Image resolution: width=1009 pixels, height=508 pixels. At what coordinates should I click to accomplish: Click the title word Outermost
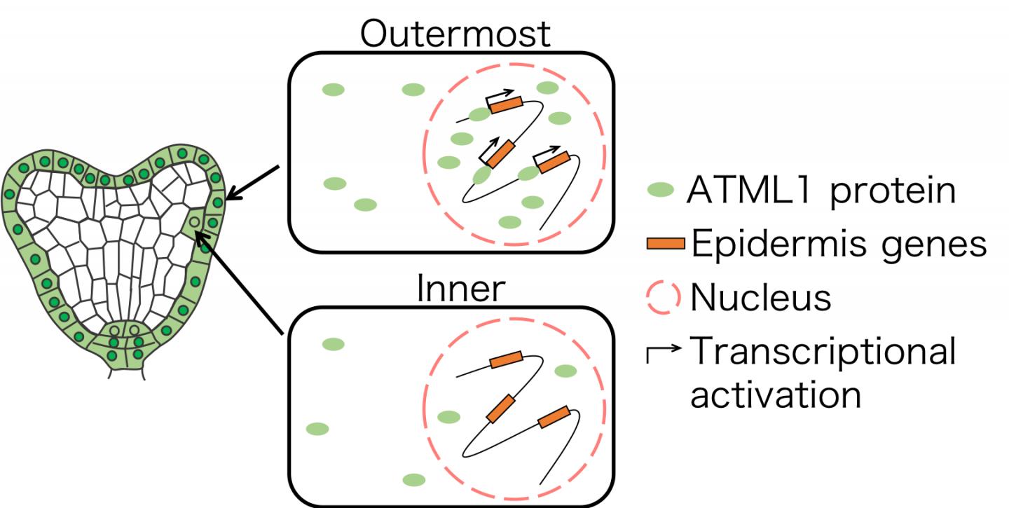(x=455, y=33)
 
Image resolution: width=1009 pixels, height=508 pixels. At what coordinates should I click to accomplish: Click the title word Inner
(x=460, y=288)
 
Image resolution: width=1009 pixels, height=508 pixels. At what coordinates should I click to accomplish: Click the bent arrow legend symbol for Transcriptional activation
(x=662, y=350)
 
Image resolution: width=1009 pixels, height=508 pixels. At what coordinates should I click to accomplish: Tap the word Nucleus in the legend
(x=760, y=297)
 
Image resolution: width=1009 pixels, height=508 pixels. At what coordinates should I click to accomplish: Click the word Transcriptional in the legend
(x=823, y=350)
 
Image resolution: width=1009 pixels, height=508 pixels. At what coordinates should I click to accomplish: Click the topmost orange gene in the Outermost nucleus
(x=505, y=105)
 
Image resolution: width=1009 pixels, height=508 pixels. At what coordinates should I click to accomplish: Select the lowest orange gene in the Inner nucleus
(x=554, y=417)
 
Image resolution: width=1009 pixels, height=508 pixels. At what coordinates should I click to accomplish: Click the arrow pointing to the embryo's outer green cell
(x=254, y=183)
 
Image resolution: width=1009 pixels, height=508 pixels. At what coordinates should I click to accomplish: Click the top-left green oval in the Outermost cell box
(x=334, y=89)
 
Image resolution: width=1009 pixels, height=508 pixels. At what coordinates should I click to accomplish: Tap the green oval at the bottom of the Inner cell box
(x=413, y=480)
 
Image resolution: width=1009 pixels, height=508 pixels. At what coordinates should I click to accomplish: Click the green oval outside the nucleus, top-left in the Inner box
(x=334, y=344)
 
